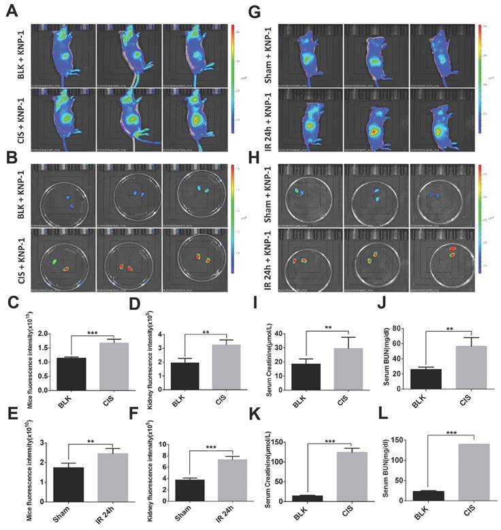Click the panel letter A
[x=12, y=12]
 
